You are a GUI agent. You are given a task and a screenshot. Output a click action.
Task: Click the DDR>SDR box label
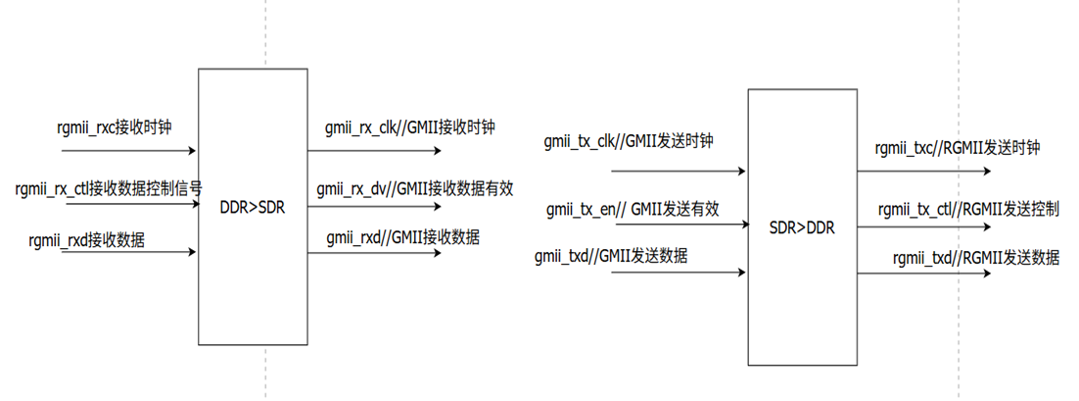click(253, 207)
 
